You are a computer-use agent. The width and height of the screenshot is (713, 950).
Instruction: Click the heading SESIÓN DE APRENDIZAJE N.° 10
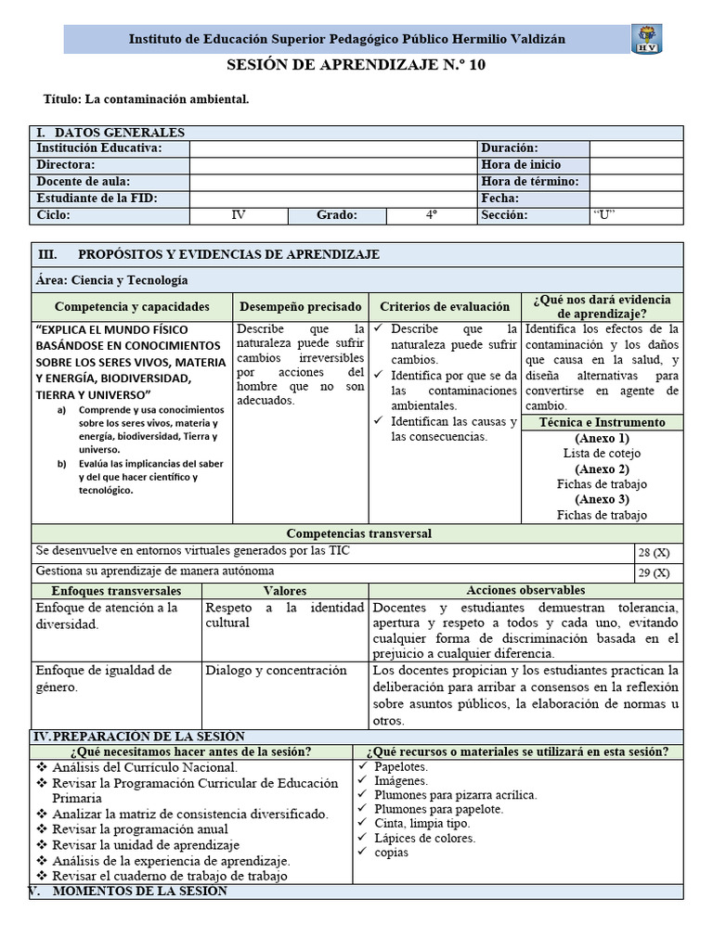point(356,66)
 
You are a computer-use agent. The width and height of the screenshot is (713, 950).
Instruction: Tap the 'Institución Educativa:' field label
point(98,148)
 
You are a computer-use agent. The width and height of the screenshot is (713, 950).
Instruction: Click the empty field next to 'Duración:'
point(636,148)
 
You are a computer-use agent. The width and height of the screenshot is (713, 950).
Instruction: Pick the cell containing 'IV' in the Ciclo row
point(239,215)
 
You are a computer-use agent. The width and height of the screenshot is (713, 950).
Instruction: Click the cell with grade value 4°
point(431,215)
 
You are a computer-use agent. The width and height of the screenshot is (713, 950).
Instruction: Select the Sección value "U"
point(605,215)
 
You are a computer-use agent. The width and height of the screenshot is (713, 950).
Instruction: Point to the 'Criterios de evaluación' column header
point(445,306)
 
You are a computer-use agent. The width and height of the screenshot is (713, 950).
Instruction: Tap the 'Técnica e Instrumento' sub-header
point(602,422)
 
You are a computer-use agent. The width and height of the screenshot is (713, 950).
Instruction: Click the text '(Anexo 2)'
point(602,469)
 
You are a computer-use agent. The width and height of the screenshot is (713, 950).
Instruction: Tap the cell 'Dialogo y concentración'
point(276,671)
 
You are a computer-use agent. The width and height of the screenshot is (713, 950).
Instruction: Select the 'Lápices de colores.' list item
point(424,838)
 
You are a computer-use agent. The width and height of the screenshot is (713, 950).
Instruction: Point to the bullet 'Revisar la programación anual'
point(139,828)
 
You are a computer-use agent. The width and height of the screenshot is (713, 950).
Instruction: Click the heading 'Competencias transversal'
point(358,533)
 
